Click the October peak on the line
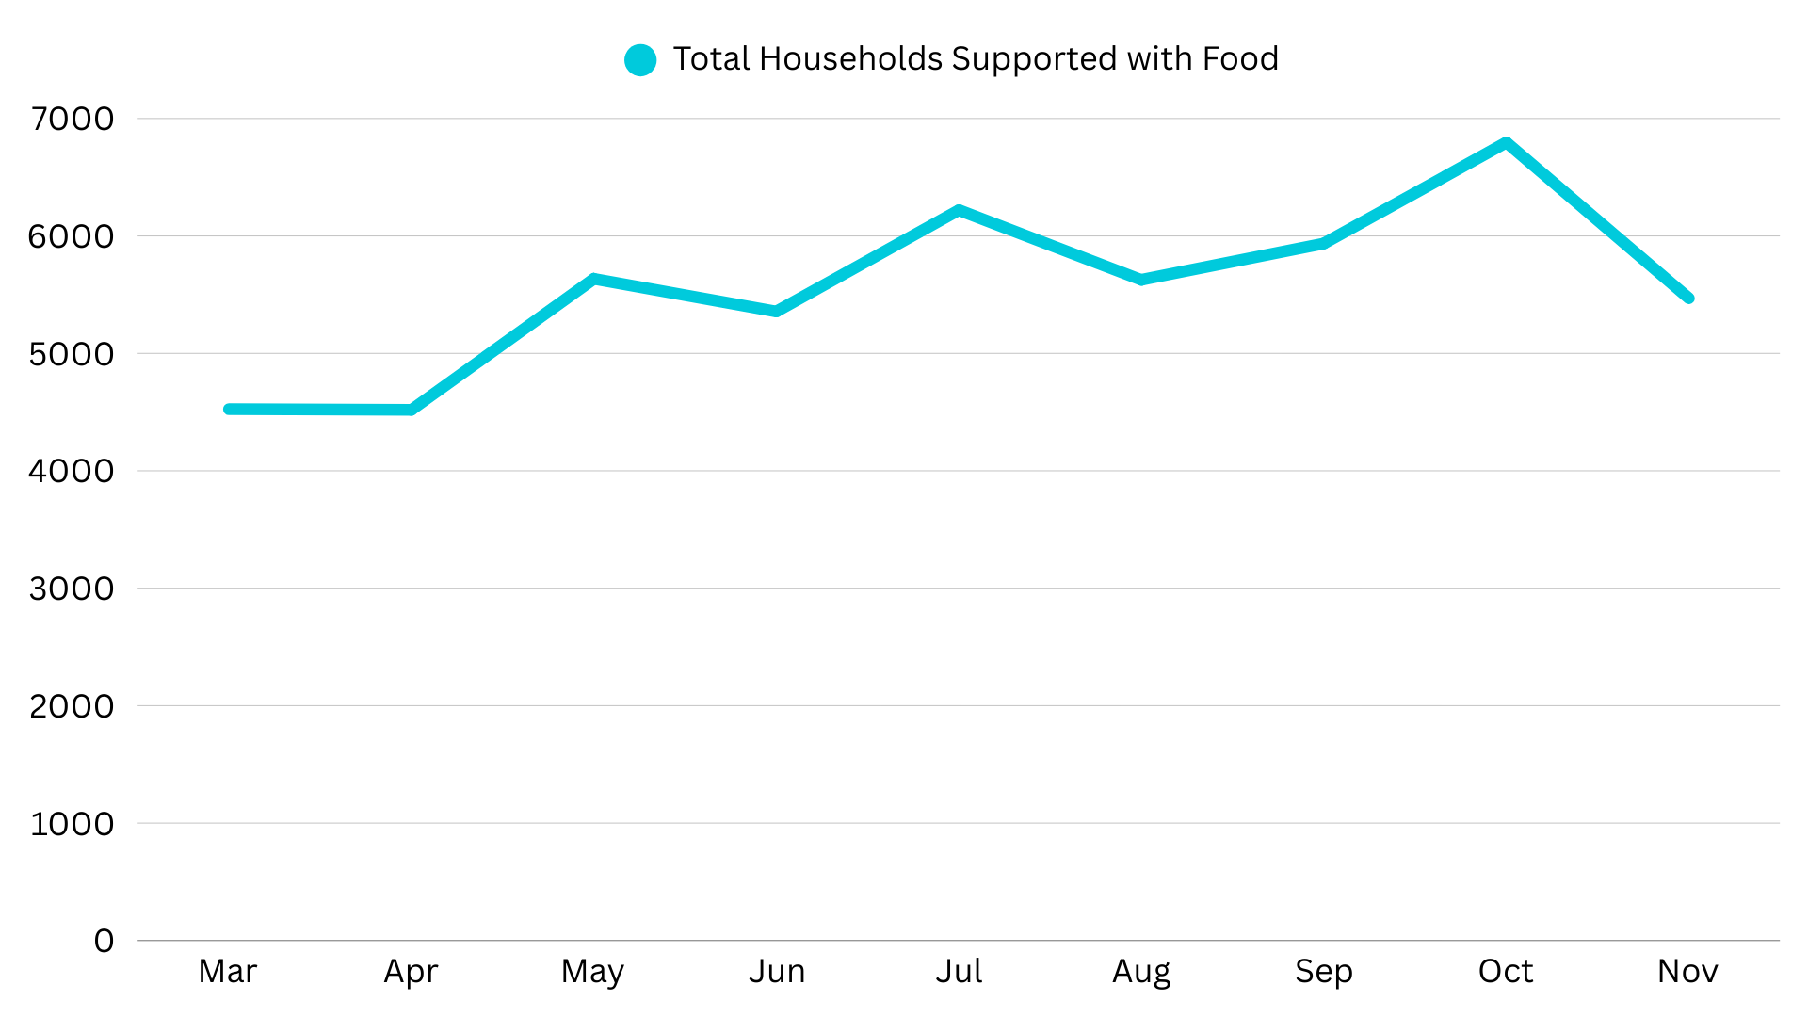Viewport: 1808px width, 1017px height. [x=1507, y=143]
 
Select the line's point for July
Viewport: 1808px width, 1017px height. [x=959, y=210]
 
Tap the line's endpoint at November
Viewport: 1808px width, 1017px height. [x=1689, y=298]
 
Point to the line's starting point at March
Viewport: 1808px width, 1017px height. [x=228, y=409]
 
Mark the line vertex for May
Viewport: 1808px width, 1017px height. [x=594, y=279]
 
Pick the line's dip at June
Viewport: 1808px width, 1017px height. [x=776, y=312]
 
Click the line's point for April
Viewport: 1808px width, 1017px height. [x=412, y=410]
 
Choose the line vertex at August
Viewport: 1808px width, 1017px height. [x=1141, y=280]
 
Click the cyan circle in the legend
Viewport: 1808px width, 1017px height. [x=640, y=60]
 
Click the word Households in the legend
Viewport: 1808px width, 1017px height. [x=850, y=59]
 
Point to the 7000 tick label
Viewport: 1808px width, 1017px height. [x=72, y=119]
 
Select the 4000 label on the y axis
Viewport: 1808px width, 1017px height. [x=72, y=471]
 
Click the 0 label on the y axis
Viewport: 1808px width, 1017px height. [x=104, y=941]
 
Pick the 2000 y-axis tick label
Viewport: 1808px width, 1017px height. [x=72, y=706]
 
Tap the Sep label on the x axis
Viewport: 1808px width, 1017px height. [x=1323, y=971]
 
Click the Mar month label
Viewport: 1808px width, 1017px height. [x=228, y=971]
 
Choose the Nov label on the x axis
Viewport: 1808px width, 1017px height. [x=1687, y=971]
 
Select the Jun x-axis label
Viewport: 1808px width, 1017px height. [x=777, y=971]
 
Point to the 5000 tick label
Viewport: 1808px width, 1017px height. [x=72, y=354]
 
